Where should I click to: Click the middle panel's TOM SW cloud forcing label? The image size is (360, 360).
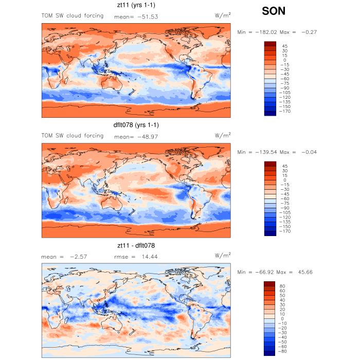click(x=72, y=136)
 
